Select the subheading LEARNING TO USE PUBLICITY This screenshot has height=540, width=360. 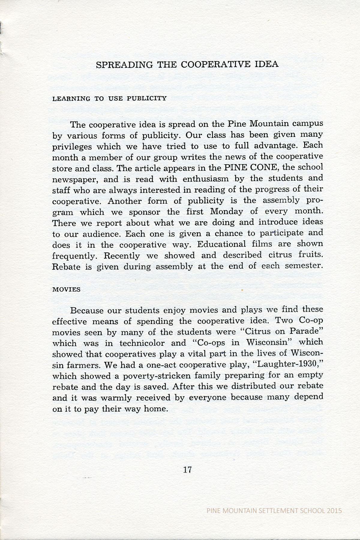point(109,98)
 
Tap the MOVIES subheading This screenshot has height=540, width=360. point(67,290)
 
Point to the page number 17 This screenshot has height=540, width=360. point(187,470)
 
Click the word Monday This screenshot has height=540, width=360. point(226,211)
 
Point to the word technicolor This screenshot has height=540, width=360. point(142,343)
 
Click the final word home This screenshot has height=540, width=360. point(155,409)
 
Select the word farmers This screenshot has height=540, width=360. point(83,365)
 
